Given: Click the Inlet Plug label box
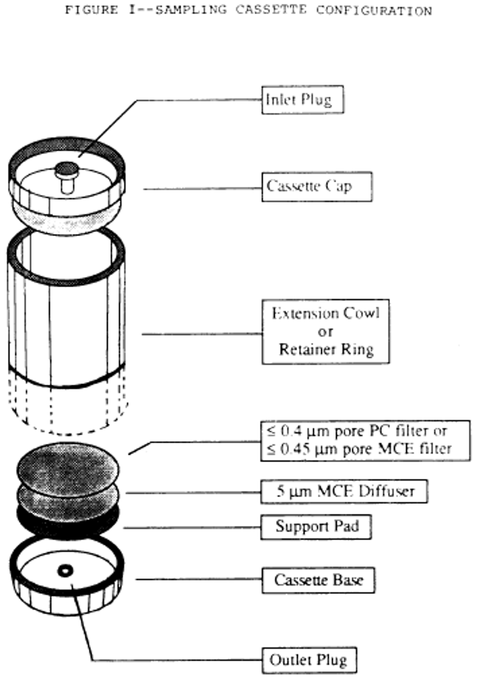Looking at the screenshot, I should pos(302,100).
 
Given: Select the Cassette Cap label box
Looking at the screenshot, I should pos(316,187).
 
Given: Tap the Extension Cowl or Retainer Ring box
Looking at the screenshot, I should pos(325,331).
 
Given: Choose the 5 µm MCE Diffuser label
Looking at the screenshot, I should pos(344,491).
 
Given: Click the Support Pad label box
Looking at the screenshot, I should pos(316,527).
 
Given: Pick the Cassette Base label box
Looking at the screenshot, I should pos(318,580).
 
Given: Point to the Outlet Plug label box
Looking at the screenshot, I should pos(309,660).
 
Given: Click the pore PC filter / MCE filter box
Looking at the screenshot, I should pos(365,441).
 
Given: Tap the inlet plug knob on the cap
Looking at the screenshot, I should pos(67,170).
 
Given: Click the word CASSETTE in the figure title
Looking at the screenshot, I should pos(271,10).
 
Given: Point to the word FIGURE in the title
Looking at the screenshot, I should pos(92,10).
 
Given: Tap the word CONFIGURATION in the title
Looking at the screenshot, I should pos(373,10).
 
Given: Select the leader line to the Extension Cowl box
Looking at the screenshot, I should pos(202,334).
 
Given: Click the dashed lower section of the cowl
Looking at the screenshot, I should pos(68,408).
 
